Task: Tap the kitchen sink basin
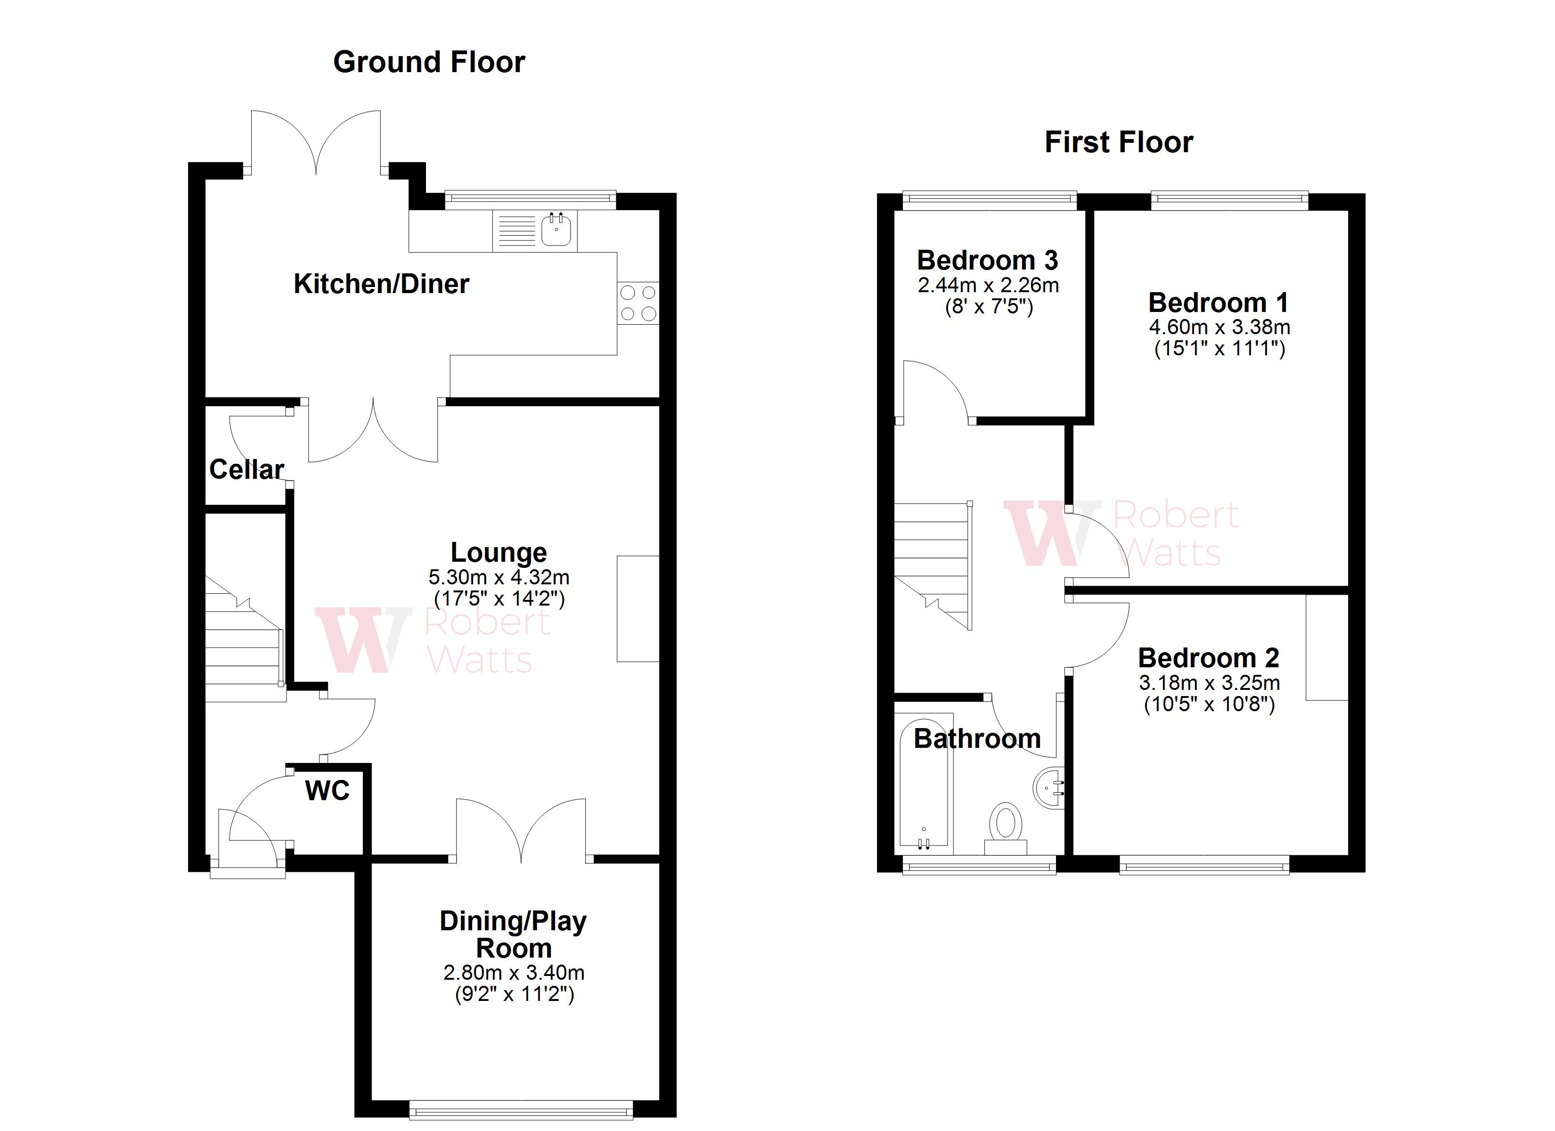pyautogui.click(x=556, y=230)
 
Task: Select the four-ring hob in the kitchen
pyautogui.click(x=638, y=303)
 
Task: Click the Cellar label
pyautogui.click(x=246, y=470)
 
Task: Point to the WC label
pyautogui.click(x=327, y=791)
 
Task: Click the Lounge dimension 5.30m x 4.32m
pyautogui.click(x=499, y=577)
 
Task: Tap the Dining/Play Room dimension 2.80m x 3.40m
pyautogui.click(x=514, y=973)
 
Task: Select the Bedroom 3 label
pyautogui.click(x=987, y=261)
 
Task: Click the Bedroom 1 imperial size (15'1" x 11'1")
pyautogui.click(x=1219, y=349)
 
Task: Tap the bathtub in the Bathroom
pyautogui.click(x=924, y=789)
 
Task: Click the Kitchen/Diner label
pyautogui.click(x=381, y=284)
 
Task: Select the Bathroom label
pyautogui.click(x=977, y=738)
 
